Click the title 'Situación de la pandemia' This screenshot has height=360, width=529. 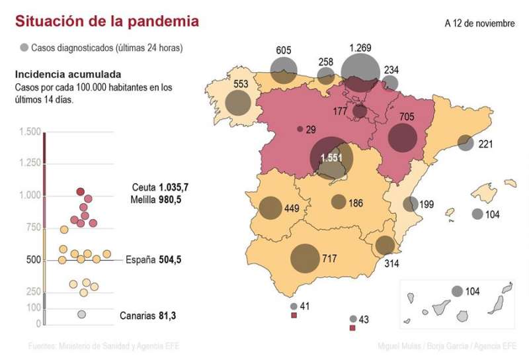tap(106, 21)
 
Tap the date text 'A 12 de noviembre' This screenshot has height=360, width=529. tap(479, 23)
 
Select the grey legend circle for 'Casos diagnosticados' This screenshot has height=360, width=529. tap(24, 48)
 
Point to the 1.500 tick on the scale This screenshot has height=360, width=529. tap(30, 132)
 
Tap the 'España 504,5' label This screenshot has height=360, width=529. tap(152, 260)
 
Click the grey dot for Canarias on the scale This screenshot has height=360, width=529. tap(82, 315)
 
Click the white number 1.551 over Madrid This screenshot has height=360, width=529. tap(331, 157)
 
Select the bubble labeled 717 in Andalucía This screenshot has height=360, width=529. tap(305, 258)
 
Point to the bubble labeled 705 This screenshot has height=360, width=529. tap(402, 138)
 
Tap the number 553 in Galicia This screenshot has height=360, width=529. tap(241, 84)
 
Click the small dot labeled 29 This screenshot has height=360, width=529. tap(300, 129)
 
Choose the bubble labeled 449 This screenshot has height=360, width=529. tap(270, 208)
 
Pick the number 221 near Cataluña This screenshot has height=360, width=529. tap(485, 144)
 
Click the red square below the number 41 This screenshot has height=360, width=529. tap(294, 316)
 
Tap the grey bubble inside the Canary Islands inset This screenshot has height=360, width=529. tap(457, 291)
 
